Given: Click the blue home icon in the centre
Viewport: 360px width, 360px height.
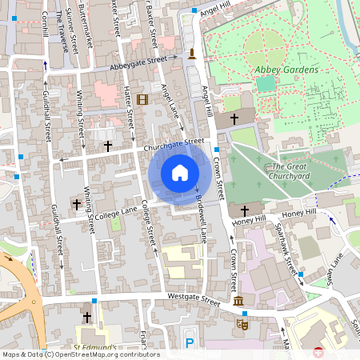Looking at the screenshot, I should (x=180, y=173).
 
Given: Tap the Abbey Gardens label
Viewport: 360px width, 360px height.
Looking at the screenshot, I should (x=286, y=70).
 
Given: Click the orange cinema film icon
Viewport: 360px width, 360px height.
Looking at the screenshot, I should (x=142, y=100).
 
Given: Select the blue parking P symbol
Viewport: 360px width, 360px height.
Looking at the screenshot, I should (x=190, y=343).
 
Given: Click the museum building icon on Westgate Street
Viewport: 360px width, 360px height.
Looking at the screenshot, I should (x=238, y=301).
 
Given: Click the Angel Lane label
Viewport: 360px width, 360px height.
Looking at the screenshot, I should (x=174, y=104).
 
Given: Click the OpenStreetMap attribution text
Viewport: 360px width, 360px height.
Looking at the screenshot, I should (x=80, y=354).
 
